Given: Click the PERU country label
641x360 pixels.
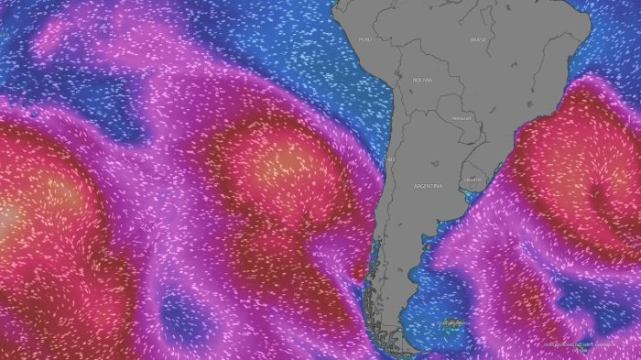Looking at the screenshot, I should pyautogui.click(x=365, y=39).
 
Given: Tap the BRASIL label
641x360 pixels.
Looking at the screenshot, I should pyautogui.click(x=478, y=39).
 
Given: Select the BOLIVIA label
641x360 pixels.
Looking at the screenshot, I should pyautogui.click(x=422, y=80).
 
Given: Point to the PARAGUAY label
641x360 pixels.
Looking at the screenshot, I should pyautogui.click(x=461, y=118).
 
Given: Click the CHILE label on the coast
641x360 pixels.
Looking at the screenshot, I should pyautogui.click(x=389, y=158).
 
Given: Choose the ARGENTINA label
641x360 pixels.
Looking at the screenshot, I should pyautogui.click(x=428, y=186).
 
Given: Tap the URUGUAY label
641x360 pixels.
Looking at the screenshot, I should pyautogui.click(x=472, y=180).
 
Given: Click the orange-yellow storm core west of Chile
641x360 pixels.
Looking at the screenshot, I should pyautogui.click(x=279, y=165).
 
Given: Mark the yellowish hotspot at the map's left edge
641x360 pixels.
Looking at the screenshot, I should pyautogui.click(x=7, y=218).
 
